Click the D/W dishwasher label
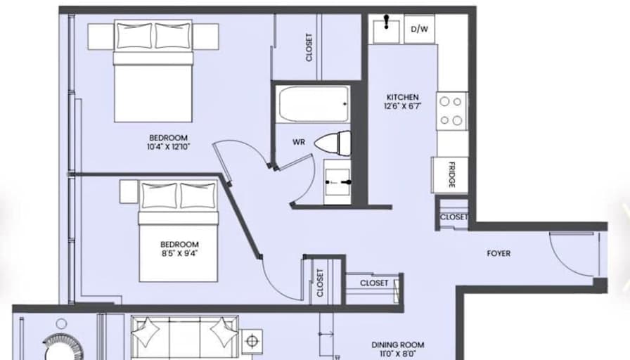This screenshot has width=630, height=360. [x=419, y=29]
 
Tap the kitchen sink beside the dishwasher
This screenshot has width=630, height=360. [x=387, y=30]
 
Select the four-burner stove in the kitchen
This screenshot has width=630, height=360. [x=452, y=111]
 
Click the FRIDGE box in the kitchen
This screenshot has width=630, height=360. [x=450, y=174]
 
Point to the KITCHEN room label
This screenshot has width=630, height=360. [x=402, y=97]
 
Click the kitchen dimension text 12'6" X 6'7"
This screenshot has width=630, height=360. [x=402, y=107]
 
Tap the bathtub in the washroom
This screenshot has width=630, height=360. [x=313, y=104]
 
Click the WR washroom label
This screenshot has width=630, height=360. [x=298, y=141]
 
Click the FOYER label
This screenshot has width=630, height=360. [x=499, y=253]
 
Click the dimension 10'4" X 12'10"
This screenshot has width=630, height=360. [x=169, y=147]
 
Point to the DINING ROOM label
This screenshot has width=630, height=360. [x=398, y=345]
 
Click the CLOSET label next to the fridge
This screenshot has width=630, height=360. [x=454, y=217]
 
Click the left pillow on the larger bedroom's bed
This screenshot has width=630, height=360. [x=134, y=34]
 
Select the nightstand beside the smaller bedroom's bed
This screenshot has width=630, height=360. [x=128, y=191]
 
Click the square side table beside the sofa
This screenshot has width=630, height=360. [x=252, y=342]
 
